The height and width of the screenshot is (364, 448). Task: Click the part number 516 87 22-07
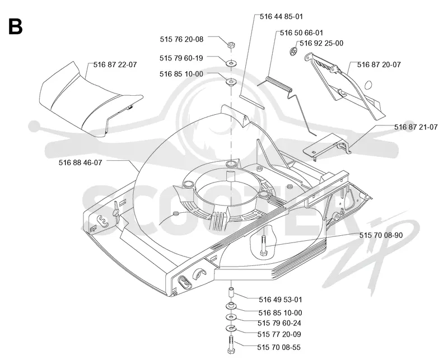[x=115, y=64]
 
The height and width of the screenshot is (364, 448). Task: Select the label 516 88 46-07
[x=80, y=162]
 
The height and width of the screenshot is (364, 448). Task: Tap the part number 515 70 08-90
[x=381, y=235]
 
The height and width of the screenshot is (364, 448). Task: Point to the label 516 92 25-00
[x=321, y=43]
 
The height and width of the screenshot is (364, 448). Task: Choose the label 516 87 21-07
[x=416, y=127]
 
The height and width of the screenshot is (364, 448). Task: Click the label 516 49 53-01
[x=281, y=300]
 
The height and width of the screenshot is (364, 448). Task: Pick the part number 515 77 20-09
[x=279, y=334]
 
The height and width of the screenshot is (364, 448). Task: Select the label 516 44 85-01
[x=281, y=17]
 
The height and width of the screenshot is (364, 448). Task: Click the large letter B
[x=16, y=26]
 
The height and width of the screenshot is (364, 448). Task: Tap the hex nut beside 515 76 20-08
[x=231, y=45]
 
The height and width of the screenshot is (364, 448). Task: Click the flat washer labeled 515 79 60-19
[x=231, y=63]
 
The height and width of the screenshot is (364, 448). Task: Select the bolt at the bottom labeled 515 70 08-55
[x=231, y=345]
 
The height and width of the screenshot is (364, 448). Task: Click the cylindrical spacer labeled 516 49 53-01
[x=231, y=293]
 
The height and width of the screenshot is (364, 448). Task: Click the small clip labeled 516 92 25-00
[x=293, y=52]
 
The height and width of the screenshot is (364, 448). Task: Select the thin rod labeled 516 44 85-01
[x=252, y=102]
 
